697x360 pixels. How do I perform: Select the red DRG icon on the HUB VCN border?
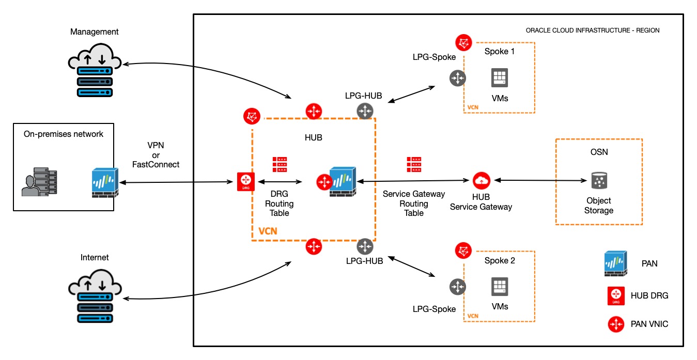click(x=246, y=182)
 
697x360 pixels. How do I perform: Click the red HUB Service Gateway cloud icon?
click(x=481, y=180)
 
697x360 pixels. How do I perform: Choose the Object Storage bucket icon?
click(x=598, y=181)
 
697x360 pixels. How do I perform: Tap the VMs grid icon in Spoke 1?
click(x=500, y=79)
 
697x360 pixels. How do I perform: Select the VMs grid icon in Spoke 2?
click(x=500, y=286)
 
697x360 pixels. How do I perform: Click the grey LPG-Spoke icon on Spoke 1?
click(x=457, y=79)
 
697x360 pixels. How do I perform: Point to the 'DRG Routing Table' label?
click(x=280, y=203)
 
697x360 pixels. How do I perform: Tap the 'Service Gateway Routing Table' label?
click(x=413, y=203)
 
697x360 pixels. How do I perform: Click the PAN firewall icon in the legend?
click(x=616, y=263)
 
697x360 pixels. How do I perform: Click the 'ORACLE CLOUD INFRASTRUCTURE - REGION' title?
click(x=592, y=30)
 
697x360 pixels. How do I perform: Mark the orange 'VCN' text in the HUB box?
click(x=267, y=230)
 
